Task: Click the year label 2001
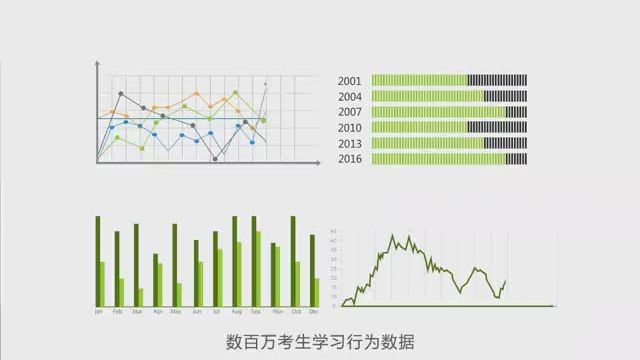[x=349, y=81]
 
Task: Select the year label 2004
[x=349, y=97]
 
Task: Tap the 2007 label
[x=349, y=112]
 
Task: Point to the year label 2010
[x=349, y=128]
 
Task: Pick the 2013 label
[x=349, y=143]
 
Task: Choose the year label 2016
[x=349, y=159]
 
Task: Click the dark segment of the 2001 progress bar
[x=497, y=80]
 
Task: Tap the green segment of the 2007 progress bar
[x=438, y=112]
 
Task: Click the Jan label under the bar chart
[x=98, y=312]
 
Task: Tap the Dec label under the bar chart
[x=314, y=312]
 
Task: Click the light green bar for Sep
[x=259, y=269]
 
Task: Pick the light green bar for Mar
[x=141, y=297]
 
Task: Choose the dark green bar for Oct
[x=292, y=260]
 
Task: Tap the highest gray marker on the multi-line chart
[x=121, y=94]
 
